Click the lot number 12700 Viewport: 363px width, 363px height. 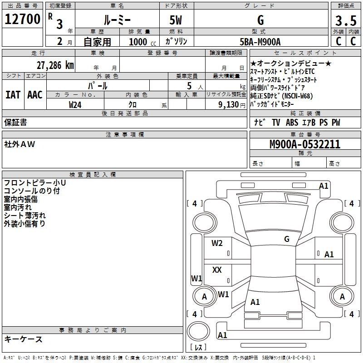coord(22,20)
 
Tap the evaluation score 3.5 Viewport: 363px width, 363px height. coord(345,21)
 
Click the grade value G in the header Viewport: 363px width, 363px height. coord(260,20)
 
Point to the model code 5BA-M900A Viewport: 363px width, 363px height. coord(260,42)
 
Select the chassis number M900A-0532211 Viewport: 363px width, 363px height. coord(304,145)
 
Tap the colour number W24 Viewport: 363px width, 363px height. coord(75,104)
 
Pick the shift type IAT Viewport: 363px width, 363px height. coord(13,95)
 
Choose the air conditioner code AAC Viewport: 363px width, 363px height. coord(34,95)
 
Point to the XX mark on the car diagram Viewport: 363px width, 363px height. coord(217,270)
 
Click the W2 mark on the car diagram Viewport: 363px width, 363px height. coord(217,243)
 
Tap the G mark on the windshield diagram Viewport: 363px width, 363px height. coord(286,239)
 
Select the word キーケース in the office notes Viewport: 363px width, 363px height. coord(23,339)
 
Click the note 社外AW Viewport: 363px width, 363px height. coord(20,144)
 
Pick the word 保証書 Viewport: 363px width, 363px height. coord(15,123)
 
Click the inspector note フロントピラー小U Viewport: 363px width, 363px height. coord(34,183)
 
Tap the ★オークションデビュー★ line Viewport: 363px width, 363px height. coord(291,64)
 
